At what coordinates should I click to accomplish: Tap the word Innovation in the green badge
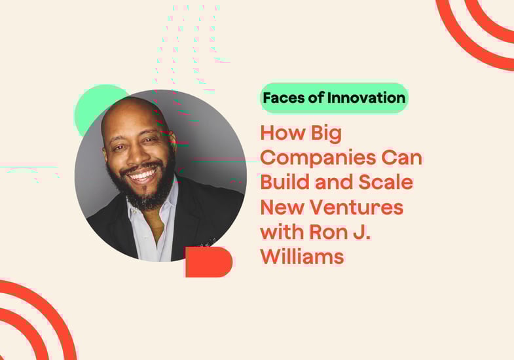point(366,98)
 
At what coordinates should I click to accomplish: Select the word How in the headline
point(283,133)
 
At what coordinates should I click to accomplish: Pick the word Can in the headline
point(401,158)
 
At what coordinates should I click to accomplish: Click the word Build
point(285,182)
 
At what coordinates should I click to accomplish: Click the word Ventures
point(357,207)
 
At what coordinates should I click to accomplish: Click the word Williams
point(303,256)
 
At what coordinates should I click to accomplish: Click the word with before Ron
point(282,232)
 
